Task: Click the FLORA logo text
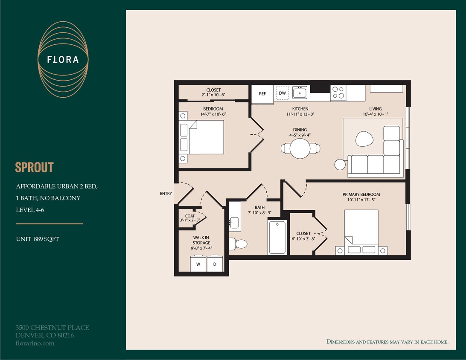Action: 63,60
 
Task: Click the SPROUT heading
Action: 35,167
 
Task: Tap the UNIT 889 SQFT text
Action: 38,239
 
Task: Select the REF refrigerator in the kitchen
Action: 262,94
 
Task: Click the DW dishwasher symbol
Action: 283,93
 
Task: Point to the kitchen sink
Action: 300,92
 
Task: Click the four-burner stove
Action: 338,93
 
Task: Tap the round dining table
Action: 300,148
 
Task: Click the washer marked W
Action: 198,264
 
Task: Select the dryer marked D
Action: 215,264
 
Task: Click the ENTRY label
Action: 166,194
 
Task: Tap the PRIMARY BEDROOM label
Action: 361,195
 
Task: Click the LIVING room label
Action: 376,109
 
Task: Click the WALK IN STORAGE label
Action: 201,240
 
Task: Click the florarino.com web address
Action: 35,343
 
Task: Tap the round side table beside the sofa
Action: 340,164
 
